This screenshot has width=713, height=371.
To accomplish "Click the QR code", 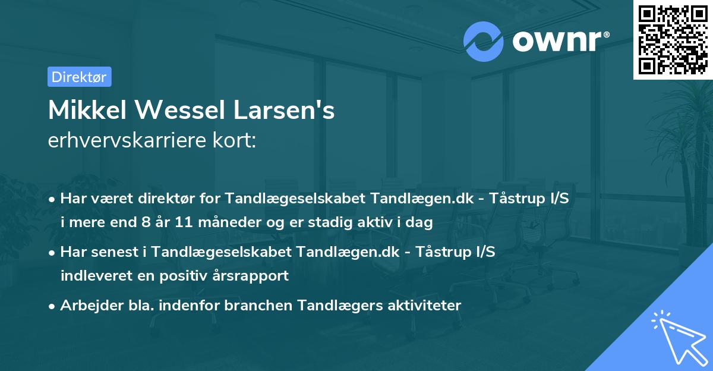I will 673,40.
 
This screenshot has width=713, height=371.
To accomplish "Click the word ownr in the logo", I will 560,41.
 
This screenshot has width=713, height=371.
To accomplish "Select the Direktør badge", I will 79,77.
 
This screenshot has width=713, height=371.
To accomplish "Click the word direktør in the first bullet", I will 157,199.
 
